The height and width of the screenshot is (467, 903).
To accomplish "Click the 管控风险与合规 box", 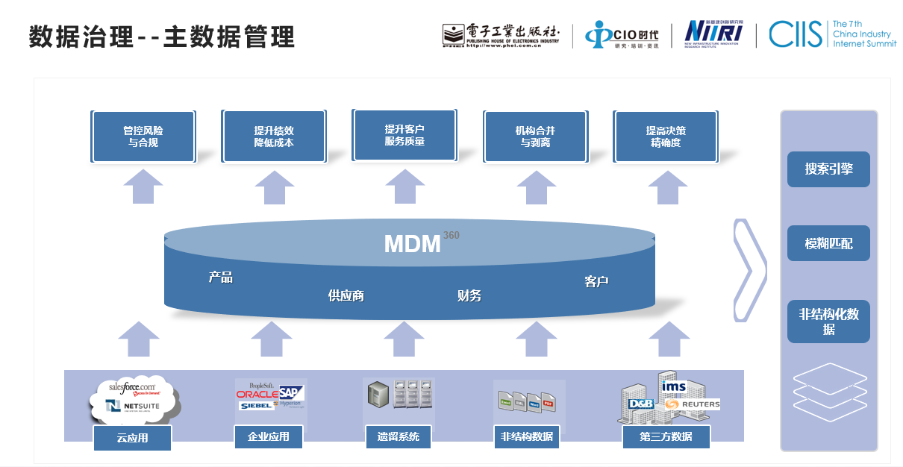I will click(x=143, y=137).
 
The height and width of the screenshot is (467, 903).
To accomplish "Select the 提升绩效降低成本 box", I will click(x=274, y=137).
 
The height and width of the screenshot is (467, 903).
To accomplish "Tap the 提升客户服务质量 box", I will click(x=404, y=135).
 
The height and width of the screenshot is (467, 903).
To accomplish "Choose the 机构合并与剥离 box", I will click(x=535, y=137).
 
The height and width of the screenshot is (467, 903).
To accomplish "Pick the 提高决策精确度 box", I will click(x=666, y=137).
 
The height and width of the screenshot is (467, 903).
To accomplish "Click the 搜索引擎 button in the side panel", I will click(x=828, y=169).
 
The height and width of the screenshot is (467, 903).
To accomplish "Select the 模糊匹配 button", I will click(x=828, y=244).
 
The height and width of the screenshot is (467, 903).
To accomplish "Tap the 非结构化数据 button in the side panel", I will click(x=828, y=322).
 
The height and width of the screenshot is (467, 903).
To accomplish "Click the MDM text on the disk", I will click(x=412, y=244).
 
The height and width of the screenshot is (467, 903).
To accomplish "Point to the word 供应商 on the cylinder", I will click(x=346, y=296).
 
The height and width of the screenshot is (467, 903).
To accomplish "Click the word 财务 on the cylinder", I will click(x=469, y=296).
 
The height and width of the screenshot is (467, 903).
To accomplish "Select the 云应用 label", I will click(x=132, y=438).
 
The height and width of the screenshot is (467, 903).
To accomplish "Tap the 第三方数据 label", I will click(x=666, y=436).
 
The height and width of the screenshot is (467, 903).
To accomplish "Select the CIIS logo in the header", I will click(x=794, y=34).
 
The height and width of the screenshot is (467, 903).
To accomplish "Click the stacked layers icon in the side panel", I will click(x=828, y=388).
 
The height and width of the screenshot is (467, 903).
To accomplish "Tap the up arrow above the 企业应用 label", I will click(x=271, y=339).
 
